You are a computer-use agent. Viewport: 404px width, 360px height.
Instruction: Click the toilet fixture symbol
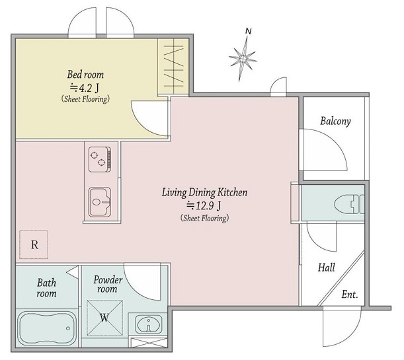(349, 204)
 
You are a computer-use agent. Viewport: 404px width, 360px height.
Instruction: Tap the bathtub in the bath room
(47, 328)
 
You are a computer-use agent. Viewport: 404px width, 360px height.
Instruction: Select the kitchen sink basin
(100, 202)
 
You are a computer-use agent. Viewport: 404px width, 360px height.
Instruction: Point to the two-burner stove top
(100, 159)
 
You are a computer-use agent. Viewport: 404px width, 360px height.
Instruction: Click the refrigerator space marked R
(34, 244)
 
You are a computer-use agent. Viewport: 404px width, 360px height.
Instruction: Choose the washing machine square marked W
(104, 318)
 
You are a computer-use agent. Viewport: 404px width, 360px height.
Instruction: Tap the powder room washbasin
(149, 324)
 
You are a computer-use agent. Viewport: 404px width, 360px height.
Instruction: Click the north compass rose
(243, 59)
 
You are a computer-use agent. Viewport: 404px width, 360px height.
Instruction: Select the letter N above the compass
(248, 31)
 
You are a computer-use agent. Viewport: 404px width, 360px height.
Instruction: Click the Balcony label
(335, 121)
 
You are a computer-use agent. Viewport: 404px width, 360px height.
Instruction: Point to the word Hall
(326, 268)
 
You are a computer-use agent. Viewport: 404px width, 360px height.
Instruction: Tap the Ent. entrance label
(350, 294)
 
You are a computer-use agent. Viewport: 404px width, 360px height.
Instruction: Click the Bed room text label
(85, 75)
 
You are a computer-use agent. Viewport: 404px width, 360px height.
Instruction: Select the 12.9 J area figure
(204, 205)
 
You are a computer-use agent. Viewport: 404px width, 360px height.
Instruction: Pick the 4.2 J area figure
(85, 89)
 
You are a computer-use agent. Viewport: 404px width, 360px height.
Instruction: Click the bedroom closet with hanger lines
(173, 67)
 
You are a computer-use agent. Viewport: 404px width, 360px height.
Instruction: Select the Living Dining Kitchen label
(204, 192)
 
